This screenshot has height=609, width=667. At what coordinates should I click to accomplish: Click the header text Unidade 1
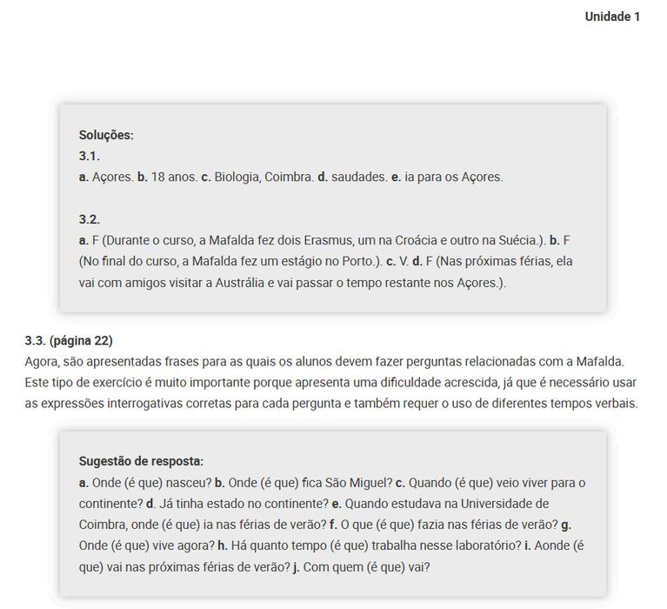(612, 17)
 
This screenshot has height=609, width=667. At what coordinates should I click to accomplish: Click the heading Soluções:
(106, 135)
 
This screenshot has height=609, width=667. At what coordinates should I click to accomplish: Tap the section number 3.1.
(90, 156)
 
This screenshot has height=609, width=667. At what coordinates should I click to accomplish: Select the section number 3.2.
(90, 219)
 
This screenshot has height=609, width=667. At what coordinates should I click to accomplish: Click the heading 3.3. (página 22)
(69, 340)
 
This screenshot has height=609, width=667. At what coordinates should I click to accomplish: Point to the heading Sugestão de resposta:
(141, 461)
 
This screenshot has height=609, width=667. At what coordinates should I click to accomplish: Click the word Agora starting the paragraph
(42, 361)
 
